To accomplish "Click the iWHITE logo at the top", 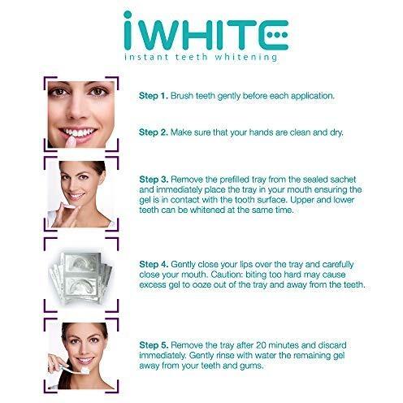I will [x=201, y=32].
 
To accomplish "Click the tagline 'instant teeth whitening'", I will [x=201, y=58].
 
